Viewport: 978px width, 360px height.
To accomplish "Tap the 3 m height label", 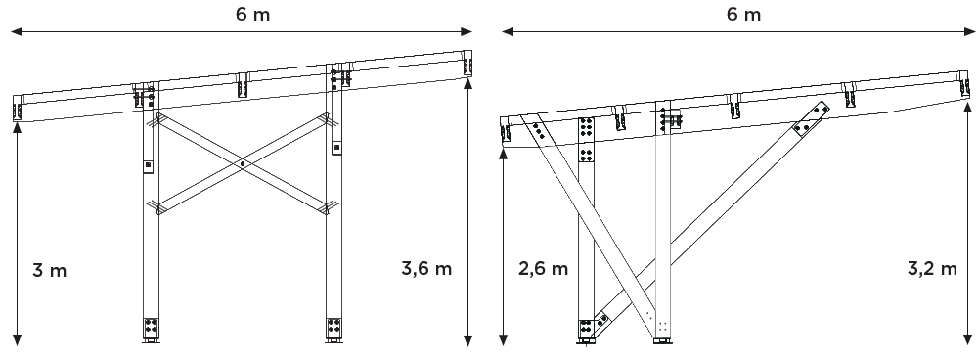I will click(x=50, y=270).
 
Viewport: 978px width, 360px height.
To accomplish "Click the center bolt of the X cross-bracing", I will click(x=243, y=163).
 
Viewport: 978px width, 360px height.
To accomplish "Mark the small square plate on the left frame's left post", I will click(x=148, y=165).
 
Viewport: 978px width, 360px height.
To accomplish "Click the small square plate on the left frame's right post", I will click(x=335, y=148).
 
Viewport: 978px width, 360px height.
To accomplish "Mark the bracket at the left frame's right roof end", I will click(x=467, y=67).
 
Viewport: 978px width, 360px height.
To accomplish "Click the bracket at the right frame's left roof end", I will click(x=507, y=133).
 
